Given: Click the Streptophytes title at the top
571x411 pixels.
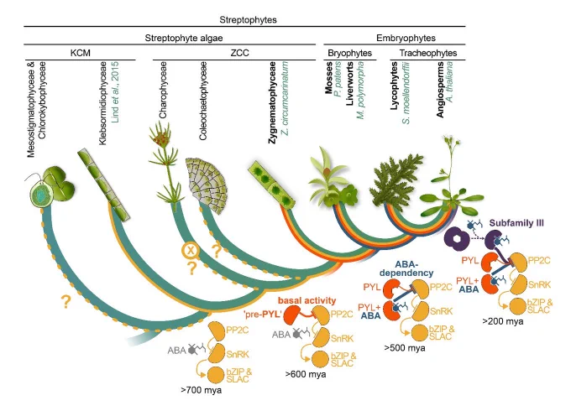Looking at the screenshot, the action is [248, 19].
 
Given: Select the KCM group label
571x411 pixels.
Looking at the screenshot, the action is [80, 53].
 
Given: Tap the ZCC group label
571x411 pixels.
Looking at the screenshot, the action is [239, 53].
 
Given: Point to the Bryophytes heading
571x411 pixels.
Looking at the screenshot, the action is [349, 53].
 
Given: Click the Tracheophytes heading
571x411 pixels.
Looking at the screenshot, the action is [428, 53].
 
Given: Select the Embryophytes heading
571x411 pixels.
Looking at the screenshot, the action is [406, 38].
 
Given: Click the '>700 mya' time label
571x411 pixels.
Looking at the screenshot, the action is [201, 390].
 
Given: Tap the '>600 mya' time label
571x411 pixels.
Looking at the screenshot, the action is [306, 374].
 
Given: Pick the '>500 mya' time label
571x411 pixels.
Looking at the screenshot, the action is [405, 348].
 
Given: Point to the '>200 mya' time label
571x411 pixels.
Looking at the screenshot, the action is [503, 321].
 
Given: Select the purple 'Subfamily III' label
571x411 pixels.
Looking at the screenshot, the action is [516, 223].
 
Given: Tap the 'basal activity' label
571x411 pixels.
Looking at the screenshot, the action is [306, 300].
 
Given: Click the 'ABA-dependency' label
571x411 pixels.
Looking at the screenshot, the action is [406, 268].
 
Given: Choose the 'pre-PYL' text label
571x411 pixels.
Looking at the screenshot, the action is [262, 314].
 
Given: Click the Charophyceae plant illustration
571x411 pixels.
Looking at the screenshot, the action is [164, 167].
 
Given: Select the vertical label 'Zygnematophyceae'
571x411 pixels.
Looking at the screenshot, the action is [272, 102].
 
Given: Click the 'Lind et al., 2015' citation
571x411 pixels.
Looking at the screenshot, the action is [115, 92].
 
